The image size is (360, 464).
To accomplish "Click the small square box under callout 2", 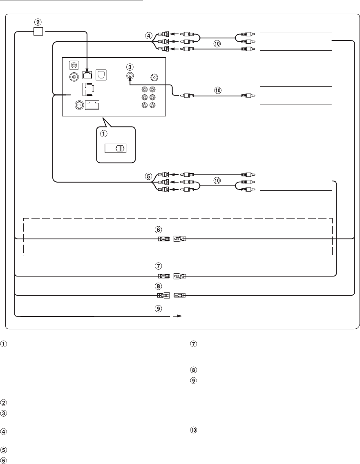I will pos(38,31).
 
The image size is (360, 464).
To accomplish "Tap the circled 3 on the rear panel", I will pos(129,67).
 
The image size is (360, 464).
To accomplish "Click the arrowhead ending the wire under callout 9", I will pos(180,316).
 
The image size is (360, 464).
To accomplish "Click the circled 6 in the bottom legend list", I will pos(4,460).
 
